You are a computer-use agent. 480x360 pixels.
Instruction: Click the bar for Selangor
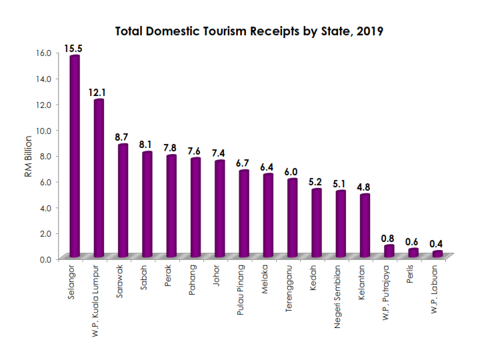75,157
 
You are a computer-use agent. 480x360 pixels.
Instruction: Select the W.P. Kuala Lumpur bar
99,179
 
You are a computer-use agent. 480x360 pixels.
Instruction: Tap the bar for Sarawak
123,201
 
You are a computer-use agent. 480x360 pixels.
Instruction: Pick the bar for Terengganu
292,218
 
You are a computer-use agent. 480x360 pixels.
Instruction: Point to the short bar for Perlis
413,253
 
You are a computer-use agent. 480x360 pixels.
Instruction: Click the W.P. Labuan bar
437,254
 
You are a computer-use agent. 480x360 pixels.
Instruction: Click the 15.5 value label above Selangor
73,49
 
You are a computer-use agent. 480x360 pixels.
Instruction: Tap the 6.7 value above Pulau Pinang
243,163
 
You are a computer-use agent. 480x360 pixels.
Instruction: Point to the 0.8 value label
388,238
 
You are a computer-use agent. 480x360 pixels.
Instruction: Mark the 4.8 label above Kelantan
364,187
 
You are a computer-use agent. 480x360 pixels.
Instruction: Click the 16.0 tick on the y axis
43,53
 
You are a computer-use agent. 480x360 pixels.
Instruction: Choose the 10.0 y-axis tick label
43,131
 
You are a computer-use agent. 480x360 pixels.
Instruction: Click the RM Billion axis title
29,156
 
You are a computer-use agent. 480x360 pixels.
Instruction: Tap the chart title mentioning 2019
249,31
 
